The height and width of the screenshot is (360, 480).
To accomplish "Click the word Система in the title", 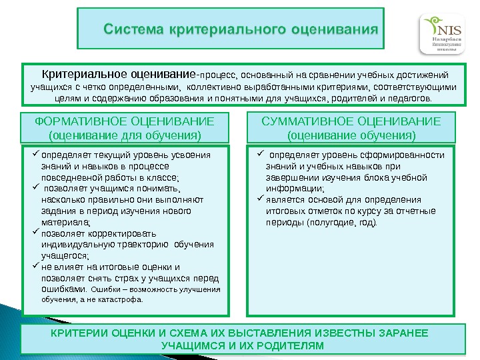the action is [x=134, y=29].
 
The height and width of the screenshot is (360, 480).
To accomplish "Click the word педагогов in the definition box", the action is [x=409, y=99].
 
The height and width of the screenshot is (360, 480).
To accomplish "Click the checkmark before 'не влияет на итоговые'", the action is [x=36, y=267].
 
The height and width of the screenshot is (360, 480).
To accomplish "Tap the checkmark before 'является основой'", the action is [x=261, y=199].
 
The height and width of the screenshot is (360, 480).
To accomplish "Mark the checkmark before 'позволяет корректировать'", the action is [x=36, y=233].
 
